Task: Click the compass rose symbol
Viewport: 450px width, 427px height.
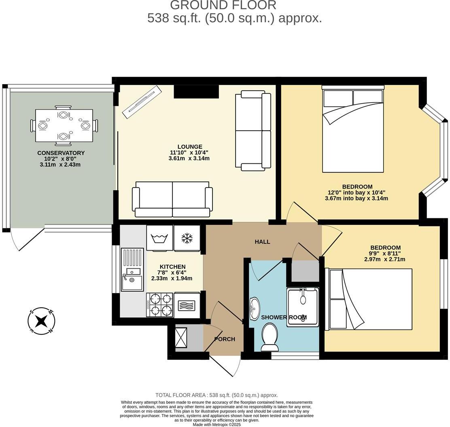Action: (x=41, y=321)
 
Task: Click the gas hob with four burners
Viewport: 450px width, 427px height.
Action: (x=159, y=304)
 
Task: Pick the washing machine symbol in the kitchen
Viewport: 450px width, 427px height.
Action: (x=159, y=237)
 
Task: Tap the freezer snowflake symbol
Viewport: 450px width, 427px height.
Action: (x=187, y=238)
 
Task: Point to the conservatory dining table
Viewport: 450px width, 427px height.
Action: (x=64, y=125)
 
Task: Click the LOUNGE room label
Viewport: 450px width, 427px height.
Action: (x=189, y=147)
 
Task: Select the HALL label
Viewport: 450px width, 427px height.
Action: (x=262, y=242)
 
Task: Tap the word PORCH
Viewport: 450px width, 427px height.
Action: (x=225, y=339)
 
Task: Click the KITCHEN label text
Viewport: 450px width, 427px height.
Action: (x=172, y=267)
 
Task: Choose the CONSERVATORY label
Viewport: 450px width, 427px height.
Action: (x=61, y=153)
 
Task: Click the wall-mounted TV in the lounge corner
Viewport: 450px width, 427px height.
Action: (x=142, y=102)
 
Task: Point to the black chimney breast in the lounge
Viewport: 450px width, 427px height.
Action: (x=196, y=91)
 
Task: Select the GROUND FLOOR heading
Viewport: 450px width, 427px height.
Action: (x=223, y=5)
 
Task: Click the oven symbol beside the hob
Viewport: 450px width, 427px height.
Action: (x=187, y=304)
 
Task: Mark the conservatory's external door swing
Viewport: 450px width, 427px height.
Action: (x=27, y=240)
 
